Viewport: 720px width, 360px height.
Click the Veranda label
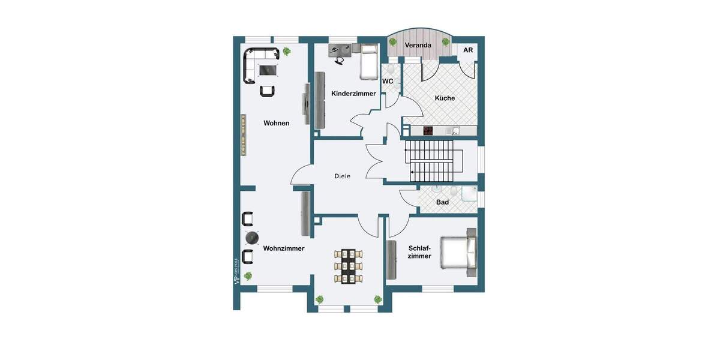[419, 46]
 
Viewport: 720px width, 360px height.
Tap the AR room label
[468, 50]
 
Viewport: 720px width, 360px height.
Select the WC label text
[388, 81]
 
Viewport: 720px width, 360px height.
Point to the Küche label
[445, 98]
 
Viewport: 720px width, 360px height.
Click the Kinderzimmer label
[353, 94]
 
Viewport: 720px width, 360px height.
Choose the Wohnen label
[276, 123]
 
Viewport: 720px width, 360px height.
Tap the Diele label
[342, 176]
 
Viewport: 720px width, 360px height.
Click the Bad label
[442, 202]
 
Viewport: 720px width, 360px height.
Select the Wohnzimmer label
[283, 248]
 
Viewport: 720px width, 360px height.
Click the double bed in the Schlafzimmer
[458, 252]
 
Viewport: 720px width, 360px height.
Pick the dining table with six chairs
[347, 265]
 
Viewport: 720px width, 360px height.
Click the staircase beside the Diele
[430, 160]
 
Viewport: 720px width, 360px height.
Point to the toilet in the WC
[392, 70]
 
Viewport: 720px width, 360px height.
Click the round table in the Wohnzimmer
[249, 238]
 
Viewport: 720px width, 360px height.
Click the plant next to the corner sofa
[287, 51]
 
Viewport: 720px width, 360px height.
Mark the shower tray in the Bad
[469, 193]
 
